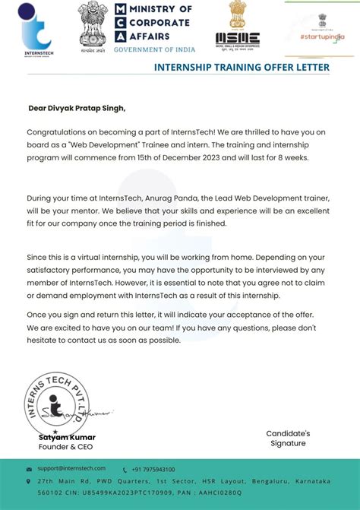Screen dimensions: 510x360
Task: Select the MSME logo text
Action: [x=237, y=37]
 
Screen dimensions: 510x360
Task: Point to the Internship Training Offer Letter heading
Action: [x=242, y=68]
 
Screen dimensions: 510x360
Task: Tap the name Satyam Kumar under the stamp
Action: [x=67, y=438]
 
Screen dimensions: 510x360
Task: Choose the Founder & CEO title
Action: [x=60, y=447]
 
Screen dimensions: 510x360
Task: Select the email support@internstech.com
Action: [x=72, y=469]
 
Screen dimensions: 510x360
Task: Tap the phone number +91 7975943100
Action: [x=153, y=469]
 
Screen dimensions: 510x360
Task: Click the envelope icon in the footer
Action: [x=29, y=470]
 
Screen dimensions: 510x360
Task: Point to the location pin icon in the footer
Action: [x=29, y=481]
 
